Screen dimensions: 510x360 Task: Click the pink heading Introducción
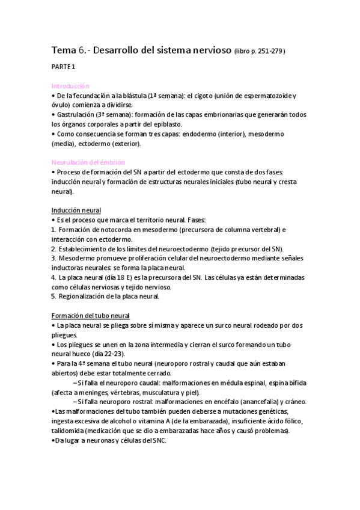click(x=70, y=87)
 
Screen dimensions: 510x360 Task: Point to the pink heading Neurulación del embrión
click(x=88, y=162)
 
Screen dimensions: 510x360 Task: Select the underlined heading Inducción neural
click(x=76, y=210)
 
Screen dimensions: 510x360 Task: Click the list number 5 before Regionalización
click(x=53, y=296)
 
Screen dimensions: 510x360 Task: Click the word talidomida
click(x=70, y=431)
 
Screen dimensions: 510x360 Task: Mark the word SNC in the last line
click(x=157, y=440)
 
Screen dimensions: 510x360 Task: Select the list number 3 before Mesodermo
click(x=53, y=258)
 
